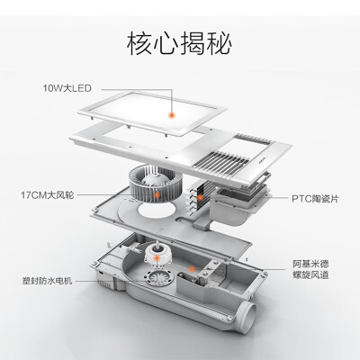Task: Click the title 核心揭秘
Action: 179,43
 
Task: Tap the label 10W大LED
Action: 67,88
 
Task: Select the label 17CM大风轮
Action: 47,195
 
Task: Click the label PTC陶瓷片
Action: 315,198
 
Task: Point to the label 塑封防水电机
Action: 47,281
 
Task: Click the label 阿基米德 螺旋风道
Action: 310,269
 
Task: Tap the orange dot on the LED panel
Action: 172,115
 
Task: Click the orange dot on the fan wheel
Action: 157,195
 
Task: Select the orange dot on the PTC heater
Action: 200,198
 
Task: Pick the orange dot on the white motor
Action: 157,257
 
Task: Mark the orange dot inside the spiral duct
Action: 192,269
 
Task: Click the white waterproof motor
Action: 156,255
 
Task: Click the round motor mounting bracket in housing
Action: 158,277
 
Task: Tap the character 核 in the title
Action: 139,43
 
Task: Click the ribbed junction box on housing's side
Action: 105,282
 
